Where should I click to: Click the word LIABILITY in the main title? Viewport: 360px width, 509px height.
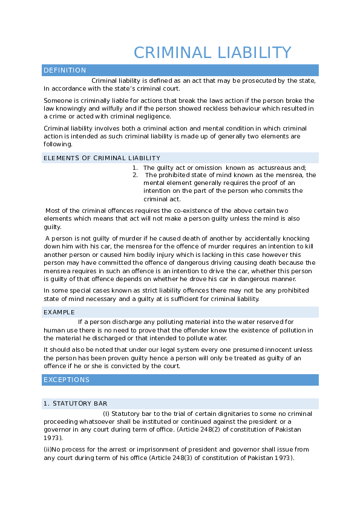[254, 53]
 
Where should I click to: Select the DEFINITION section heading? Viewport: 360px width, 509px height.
[65, 70]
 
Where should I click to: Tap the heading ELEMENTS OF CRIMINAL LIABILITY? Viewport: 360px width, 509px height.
[102, 158]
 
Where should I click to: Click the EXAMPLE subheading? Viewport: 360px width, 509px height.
[59, 313]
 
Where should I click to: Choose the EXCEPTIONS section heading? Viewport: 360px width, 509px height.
[67, 380]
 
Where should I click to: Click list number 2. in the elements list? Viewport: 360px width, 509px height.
[135, 175]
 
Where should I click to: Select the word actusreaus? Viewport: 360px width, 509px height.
[275, 168]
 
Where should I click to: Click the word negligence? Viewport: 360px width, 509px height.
[155, 117]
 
